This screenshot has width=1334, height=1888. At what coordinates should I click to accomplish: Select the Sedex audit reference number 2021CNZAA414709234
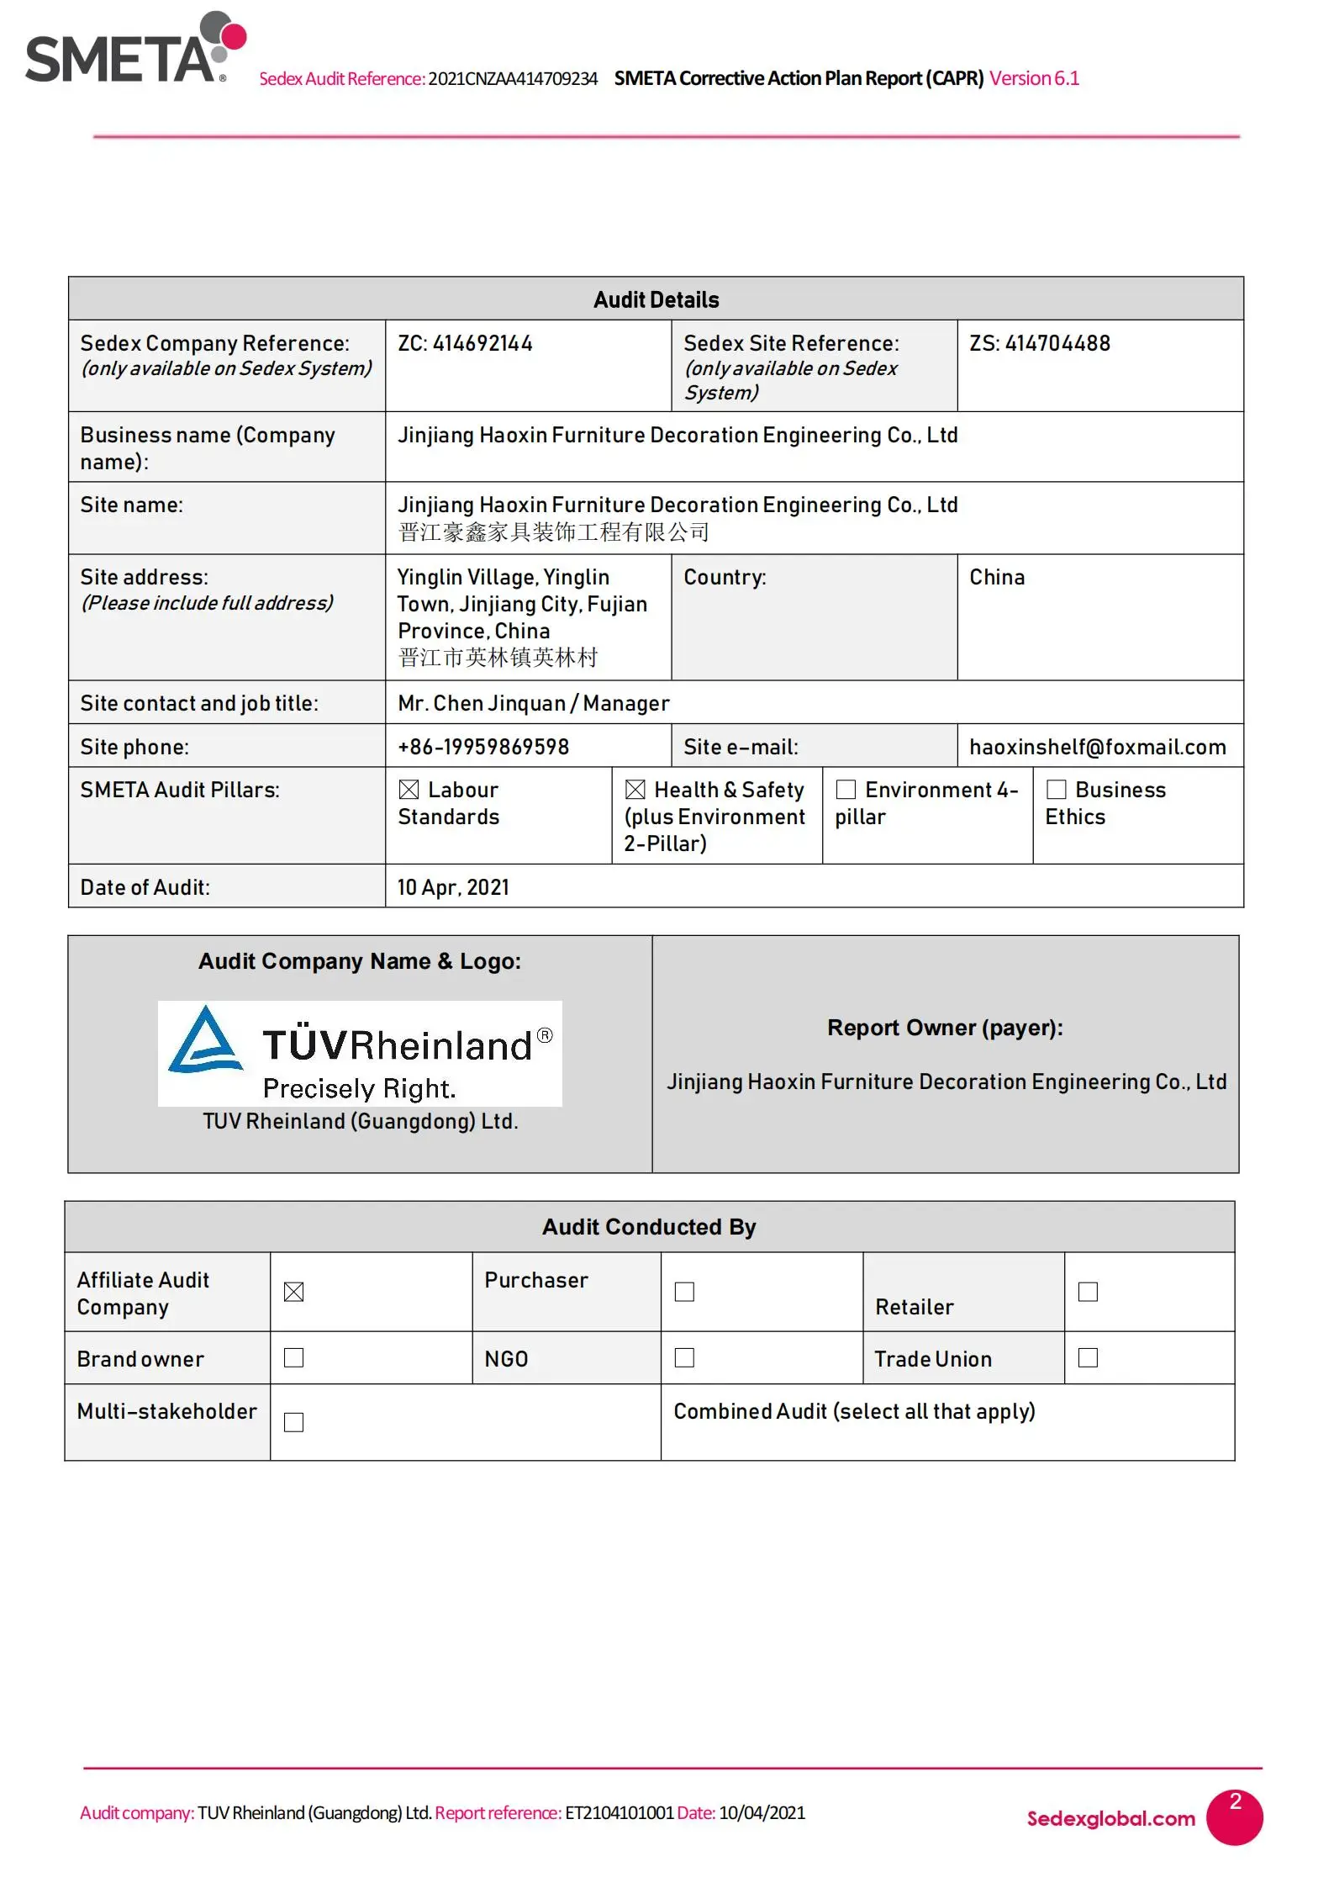pos(513,79)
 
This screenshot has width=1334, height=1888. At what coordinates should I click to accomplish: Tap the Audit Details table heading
pos(656,300)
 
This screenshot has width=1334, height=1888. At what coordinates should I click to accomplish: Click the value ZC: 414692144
pos(465,344)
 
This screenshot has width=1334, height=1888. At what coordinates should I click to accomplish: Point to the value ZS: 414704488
pos(1040,344)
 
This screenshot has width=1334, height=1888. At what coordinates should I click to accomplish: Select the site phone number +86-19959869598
pos(483,747)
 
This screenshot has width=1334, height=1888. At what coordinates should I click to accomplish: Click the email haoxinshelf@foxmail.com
pos(1097,747)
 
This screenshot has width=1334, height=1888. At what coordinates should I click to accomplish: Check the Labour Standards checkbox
pos(409,790)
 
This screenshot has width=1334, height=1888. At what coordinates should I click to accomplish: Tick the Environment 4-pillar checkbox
pos(846,790)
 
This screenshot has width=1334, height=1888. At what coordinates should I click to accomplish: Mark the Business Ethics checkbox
pos(1057,790)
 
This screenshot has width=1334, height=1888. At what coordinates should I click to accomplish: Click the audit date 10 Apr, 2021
pos(453,887)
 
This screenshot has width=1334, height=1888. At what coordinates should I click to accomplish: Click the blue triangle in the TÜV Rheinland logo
pos(205,1040)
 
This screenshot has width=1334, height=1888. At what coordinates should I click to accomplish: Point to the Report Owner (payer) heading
pos(945,1028)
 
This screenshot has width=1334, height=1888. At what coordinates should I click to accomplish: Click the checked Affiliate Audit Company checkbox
pos(293,1292)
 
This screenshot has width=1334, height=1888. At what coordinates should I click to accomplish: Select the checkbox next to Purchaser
pos(685,1292)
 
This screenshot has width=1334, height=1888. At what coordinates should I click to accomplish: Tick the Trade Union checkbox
pos(1089,1357)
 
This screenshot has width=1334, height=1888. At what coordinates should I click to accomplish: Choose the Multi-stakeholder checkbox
pos(293,1422)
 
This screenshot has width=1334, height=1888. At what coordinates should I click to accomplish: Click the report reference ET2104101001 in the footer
pos(619,1812)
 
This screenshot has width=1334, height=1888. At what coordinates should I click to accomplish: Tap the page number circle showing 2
pos(1234,1817)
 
